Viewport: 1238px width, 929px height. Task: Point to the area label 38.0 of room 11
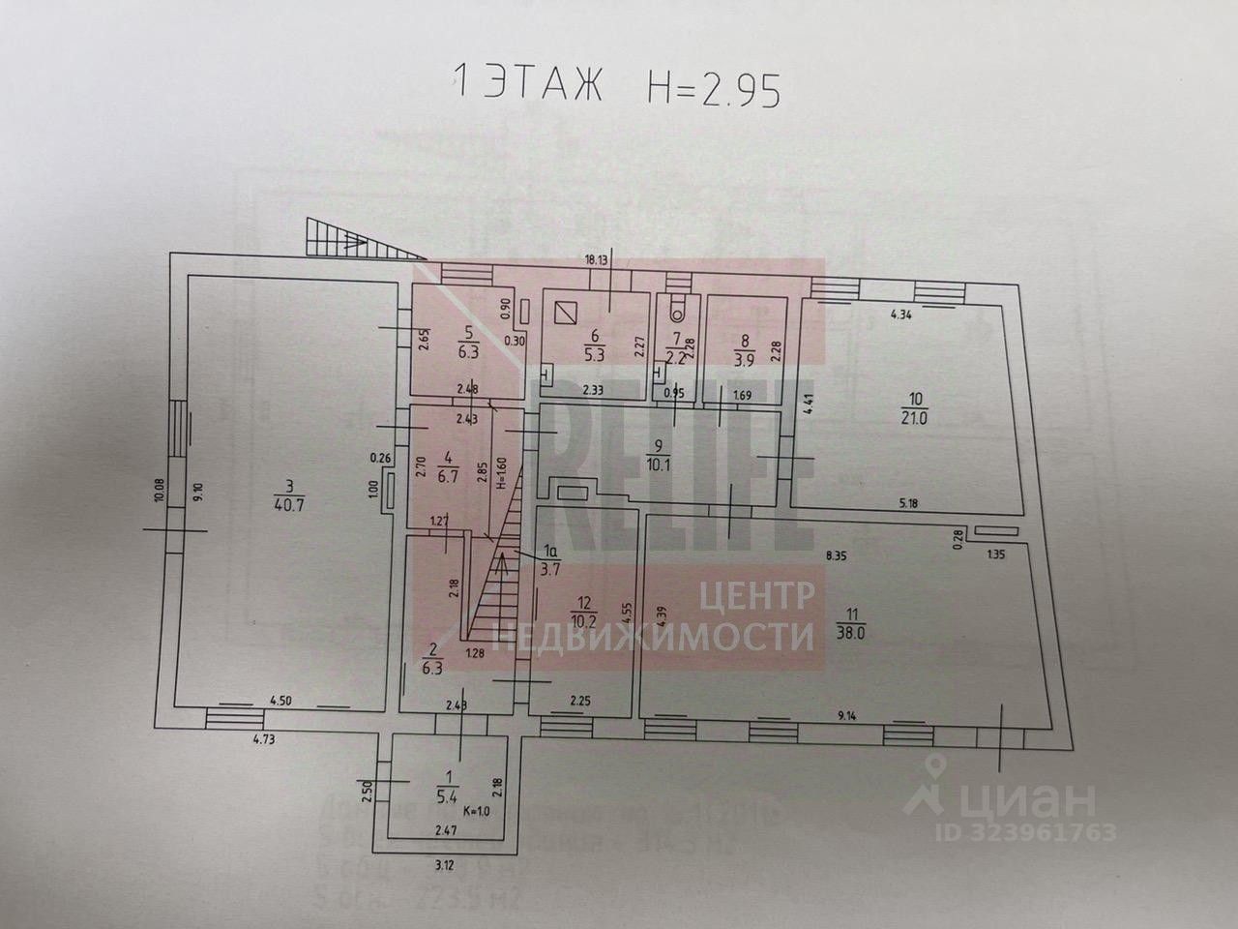click(x=851, y=633)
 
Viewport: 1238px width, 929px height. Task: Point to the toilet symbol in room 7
click(x=675, y=309)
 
